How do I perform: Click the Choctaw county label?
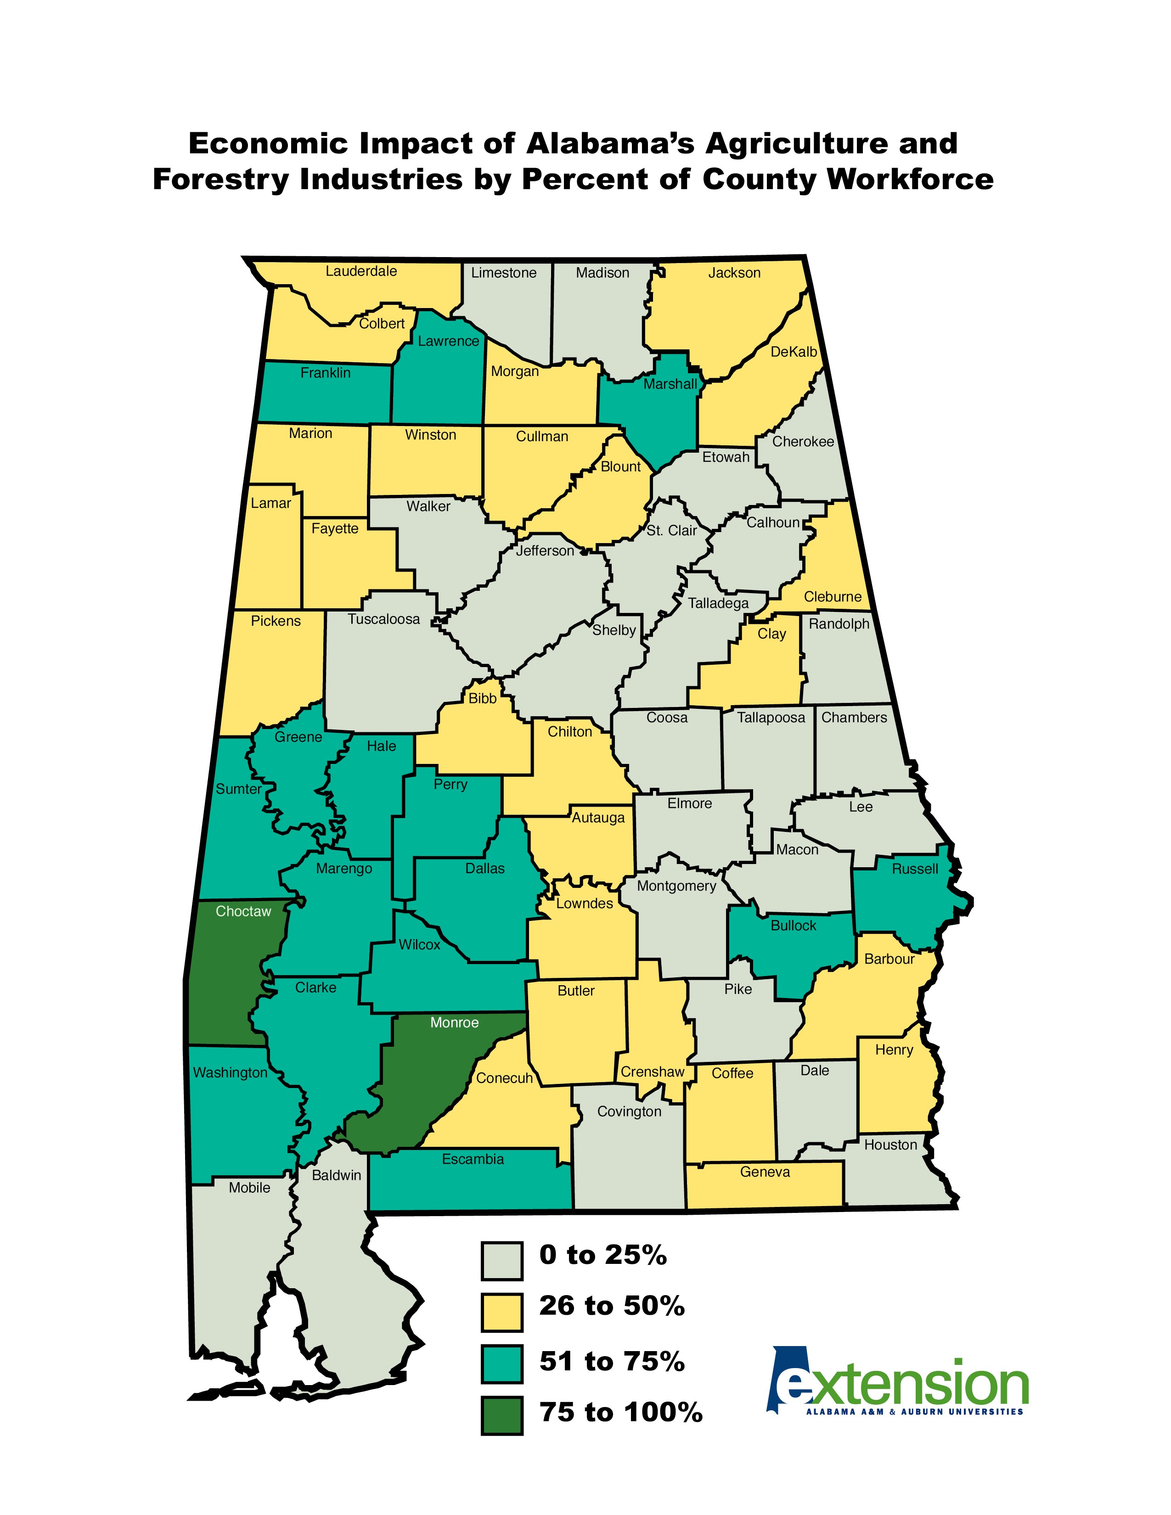pyautogui.click(x=243, y=911)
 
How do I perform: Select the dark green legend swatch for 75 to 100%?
pyautogui.click(x=501, y=1416)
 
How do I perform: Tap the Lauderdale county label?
pyautogui.click(x=361, y=271)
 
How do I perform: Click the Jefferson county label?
pyautogui.click(x=545, y=551)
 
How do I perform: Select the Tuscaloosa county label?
pyautogui.click(x=383, y=619)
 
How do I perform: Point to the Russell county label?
pyautogui.click(x=914, y=869)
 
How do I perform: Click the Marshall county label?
pyautogui.click(x=670, y=384)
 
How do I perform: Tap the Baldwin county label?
pyautogui.click(x=337, y=1175)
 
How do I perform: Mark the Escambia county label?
pyautogui.click(x=473, y=1159)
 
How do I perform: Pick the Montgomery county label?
pyautogui.click(x=676, y=886)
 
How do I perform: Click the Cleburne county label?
pyautogui.click(x=833, y=596)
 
